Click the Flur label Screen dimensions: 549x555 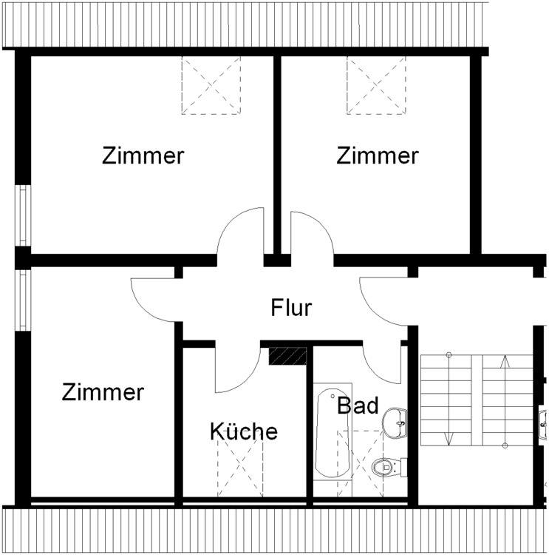[291, 307]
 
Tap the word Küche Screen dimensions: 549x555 [244, 431]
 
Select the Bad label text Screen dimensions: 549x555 [358, 406]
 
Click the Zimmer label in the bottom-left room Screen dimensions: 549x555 [103, 391]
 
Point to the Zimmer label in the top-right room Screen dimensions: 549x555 [378, 156]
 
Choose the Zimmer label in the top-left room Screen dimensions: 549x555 [143, 156]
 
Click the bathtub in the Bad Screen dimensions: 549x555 [333, 433]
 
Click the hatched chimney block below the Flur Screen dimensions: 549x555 [287, 356]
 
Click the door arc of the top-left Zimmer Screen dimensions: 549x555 [241, 233]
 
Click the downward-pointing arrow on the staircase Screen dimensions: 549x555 [449, 400]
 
